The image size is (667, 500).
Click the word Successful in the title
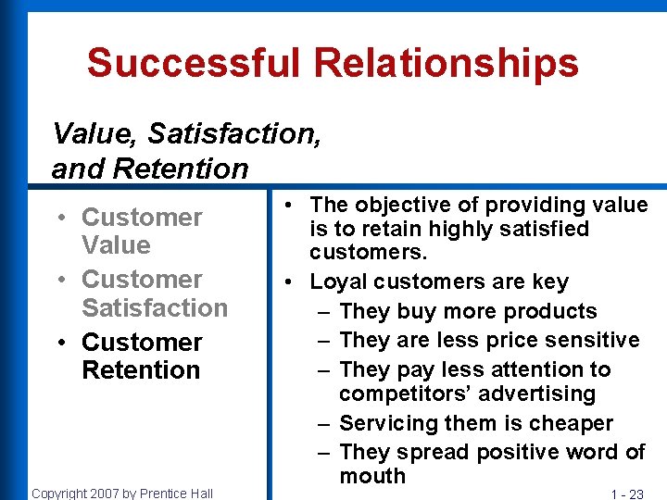pos(194,63)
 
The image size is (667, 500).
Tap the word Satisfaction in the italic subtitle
pos(234,134)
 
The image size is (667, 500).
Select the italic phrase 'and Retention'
pos(150,169)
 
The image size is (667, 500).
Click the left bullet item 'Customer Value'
pos(141,231)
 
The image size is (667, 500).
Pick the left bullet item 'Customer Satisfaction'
pos(154,294)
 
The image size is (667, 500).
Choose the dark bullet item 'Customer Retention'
pos(141,356)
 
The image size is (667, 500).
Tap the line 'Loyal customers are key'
pos(439,281)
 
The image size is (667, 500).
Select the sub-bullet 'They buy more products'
pos(468,311)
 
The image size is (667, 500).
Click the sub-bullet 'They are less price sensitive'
pos(489,340)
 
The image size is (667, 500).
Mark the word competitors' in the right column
pos(409,394)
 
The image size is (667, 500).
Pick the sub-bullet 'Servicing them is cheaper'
pos(476,423)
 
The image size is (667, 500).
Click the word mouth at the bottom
pos(372,476)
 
